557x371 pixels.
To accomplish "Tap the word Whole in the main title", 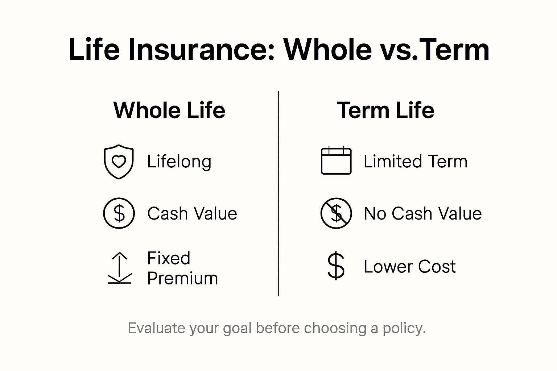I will pos(327,49).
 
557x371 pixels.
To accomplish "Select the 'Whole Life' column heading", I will pos(169,110).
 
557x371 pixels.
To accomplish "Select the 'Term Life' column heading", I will pos(385,110).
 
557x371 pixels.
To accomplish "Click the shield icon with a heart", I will pos(119,162).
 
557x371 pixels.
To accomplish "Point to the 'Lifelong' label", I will pos(179,162).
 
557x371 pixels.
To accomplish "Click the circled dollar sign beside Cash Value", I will pos(119,213).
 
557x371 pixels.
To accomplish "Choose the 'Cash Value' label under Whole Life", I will pos(192,213).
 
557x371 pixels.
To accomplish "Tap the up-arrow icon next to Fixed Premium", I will pos(120,268).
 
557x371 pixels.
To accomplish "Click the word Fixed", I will pos(169,258).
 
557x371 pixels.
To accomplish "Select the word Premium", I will pos(182,279).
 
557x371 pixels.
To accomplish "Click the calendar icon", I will pos(336,161).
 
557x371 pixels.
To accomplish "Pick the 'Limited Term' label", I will pos(415,162).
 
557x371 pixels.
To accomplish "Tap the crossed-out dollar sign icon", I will pos(336,213).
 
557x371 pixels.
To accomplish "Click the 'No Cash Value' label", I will pos(422,213).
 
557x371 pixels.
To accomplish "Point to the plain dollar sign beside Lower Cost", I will pos(336,266).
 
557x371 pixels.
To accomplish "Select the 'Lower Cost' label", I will pos(409,267).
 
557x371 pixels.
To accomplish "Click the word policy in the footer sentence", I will pos(404,328).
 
